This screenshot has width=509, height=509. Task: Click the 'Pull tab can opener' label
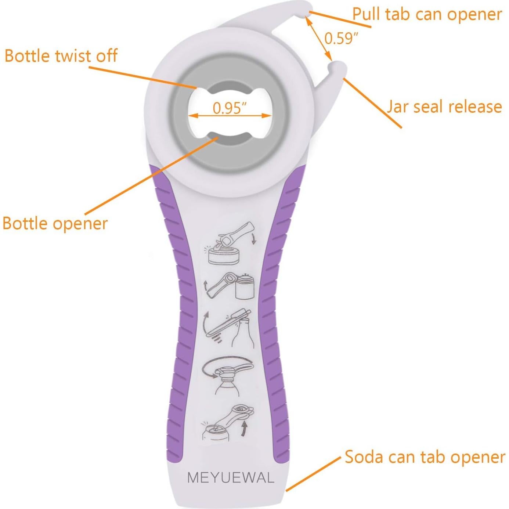click(x=427, y=15)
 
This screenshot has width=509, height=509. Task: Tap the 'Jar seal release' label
click(x=444, y=107)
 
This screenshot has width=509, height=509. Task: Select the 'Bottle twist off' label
click(x=61, y=56)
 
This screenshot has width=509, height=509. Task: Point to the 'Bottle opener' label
click(x=55, y=223)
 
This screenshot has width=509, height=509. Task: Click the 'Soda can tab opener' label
click(x=425, y=457)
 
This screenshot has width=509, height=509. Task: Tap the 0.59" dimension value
click(x=341, y=38)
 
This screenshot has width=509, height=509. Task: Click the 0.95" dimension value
click(x=230, y=108)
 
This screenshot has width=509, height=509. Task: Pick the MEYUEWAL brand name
click(x=231, y=478)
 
